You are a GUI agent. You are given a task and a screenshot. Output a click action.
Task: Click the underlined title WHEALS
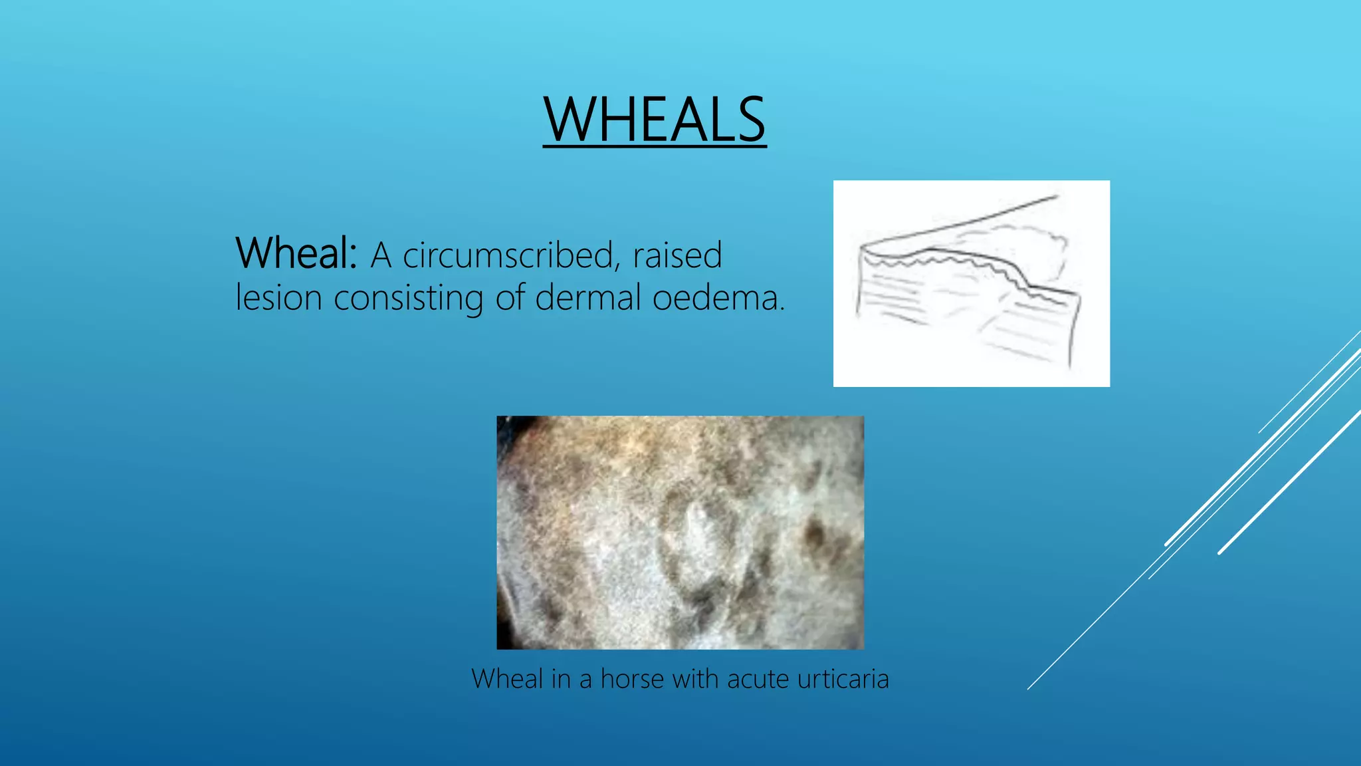coord(655,120)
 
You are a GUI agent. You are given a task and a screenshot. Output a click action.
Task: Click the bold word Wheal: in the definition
coord(296,253)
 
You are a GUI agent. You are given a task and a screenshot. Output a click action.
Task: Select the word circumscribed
coord(508,256)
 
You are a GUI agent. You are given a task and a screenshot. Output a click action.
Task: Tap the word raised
coord(677,255)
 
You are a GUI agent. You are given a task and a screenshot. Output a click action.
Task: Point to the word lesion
coord(278,297)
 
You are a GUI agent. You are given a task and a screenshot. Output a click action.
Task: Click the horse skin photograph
coord(680,532)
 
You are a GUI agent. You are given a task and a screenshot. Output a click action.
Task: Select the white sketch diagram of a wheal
coord(971,283)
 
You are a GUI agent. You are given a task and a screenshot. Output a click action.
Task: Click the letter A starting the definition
coord(380,255)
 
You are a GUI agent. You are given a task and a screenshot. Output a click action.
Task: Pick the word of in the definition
coord(509,297)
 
